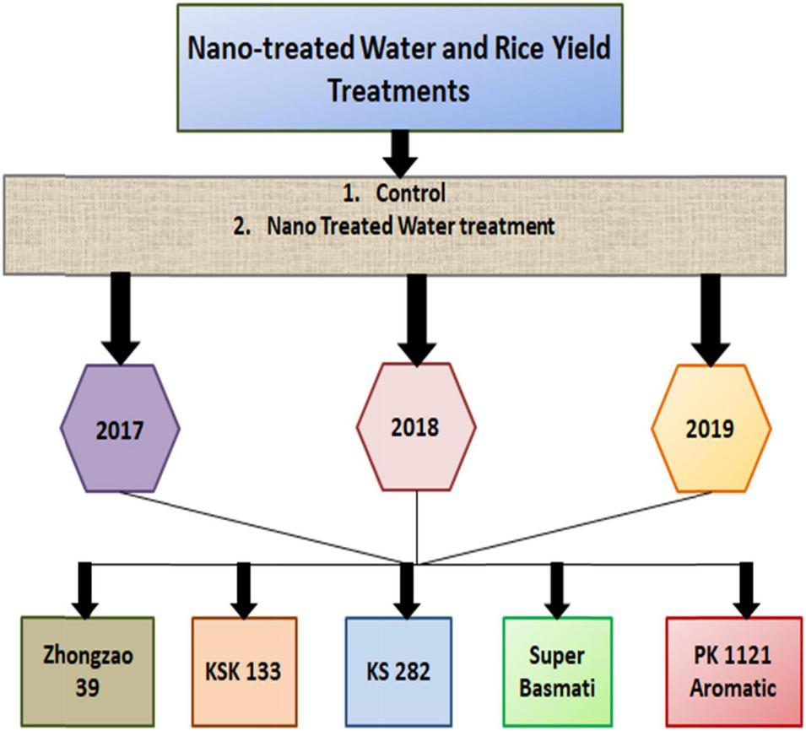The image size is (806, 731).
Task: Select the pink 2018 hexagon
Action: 416,428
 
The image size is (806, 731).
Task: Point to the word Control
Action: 410,194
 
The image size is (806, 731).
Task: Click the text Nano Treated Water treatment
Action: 410,226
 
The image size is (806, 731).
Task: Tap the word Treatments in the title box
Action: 398,91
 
